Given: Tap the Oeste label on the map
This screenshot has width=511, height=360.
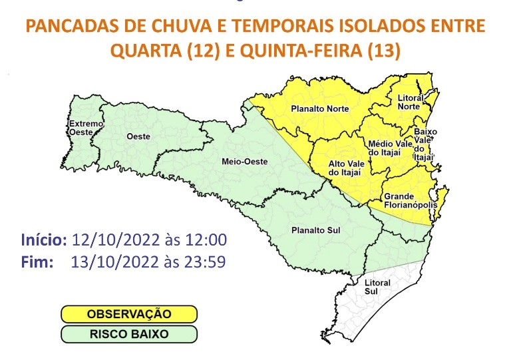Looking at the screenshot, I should [x=138, y=136].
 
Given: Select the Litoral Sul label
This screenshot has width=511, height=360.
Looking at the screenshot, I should [x=377, y=287].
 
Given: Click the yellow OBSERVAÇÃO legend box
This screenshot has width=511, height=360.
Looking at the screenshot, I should [x=129, y=313].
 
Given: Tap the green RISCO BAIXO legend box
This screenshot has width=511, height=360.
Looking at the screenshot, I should [x=129, y=334].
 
